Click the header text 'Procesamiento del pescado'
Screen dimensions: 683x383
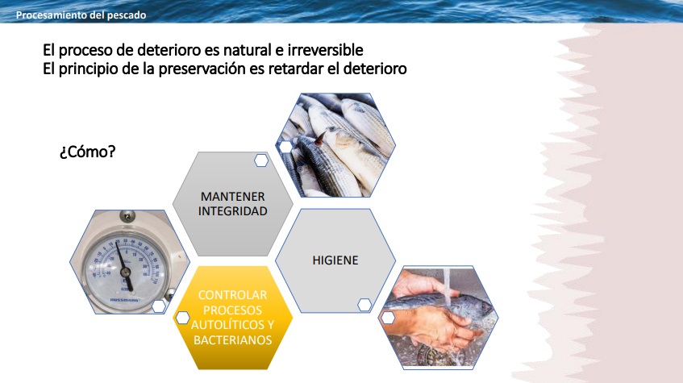tap(81, 15)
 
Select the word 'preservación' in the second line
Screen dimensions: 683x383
tap(211, 69)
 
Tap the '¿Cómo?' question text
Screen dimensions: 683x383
tap(88, 152)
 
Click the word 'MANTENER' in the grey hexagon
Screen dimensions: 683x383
tap(232, 197)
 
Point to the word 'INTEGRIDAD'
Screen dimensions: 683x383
tap(232, 211)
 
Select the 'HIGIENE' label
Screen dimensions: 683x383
tap(335, 260)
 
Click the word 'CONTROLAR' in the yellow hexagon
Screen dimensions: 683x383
tap(232, 295)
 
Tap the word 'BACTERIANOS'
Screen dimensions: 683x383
tap(232, 340)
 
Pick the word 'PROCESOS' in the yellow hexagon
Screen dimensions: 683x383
tap(232, 310)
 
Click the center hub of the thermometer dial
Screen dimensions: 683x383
tap(126, 273)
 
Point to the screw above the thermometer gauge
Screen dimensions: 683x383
tap(127, 215)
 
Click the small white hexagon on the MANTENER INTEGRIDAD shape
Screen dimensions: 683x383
tap(261, 160)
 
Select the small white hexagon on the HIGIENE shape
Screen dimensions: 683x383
tap(364, 305)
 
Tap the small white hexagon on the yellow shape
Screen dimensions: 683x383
tap(182, 318)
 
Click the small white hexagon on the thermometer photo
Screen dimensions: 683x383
tap(159, 306)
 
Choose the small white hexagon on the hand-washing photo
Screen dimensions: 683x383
tap(388, 318)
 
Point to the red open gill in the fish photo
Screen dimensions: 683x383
tap(320, 138)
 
